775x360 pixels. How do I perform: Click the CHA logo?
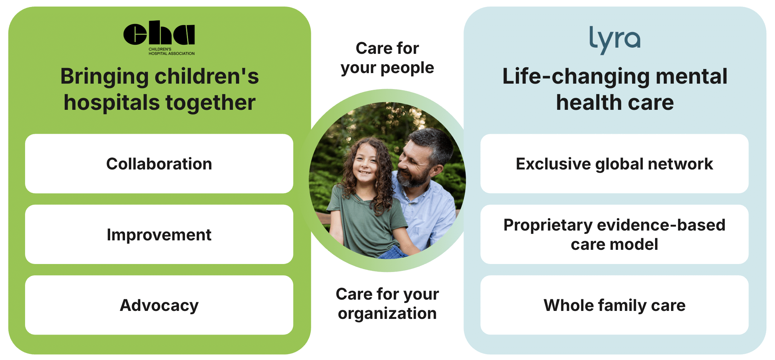[159, 37]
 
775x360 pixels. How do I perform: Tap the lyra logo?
[615, 40]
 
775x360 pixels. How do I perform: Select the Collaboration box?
[159, 164]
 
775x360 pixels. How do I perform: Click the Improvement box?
[159, 234]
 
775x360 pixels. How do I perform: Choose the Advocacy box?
[159, 305]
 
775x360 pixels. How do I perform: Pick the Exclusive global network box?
[614, 164]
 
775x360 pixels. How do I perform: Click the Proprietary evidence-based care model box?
[614, 234]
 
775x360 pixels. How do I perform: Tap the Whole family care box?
[614, 305]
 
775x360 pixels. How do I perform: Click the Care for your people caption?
[387, 58]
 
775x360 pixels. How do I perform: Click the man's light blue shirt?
[429, 211]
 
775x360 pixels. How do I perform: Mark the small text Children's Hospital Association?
[171, 51]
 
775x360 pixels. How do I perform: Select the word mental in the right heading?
[691, 76]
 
